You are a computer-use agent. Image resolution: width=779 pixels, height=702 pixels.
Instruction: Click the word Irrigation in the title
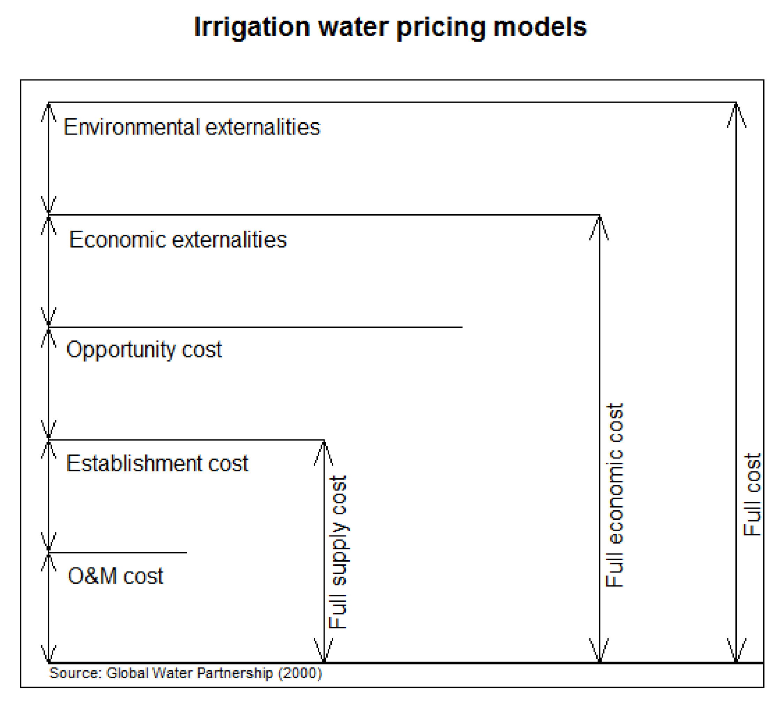pyautogui.click(x=252, y=28)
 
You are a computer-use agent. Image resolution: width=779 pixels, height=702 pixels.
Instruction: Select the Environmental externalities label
pyautogui.click(x=192, y=127)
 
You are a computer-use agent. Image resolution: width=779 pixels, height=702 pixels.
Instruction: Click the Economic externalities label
pyautogui.click(x=178, y=240)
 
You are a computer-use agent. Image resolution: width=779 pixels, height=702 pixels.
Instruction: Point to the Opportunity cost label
pyautogui.click(x=144, y=350)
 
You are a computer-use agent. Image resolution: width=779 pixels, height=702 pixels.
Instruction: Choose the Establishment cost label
pyautogui.click(x=157, y=463)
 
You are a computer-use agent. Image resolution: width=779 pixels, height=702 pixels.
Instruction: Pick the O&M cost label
pyautogui.click(x=115, y=576)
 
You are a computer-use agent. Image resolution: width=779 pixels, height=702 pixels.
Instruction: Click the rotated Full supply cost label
pyautogui.click(x=338, y=552)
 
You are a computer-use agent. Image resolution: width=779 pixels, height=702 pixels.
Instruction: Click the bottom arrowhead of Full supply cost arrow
pyautogui.click(x=324, y=651)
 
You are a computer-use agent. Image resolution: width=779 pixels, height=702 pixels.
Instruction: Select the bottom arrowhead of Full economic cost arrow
pyautogui.click(x=599, y=651)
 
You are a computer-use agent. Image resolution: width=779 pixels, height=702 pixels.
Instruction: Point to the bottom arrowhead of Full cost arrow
pyautogui.click(x=736, y=651)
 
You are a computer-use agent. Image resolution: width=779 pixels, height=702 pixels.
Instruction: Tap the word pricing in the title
pyautogui.click(x=440, y=28)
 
